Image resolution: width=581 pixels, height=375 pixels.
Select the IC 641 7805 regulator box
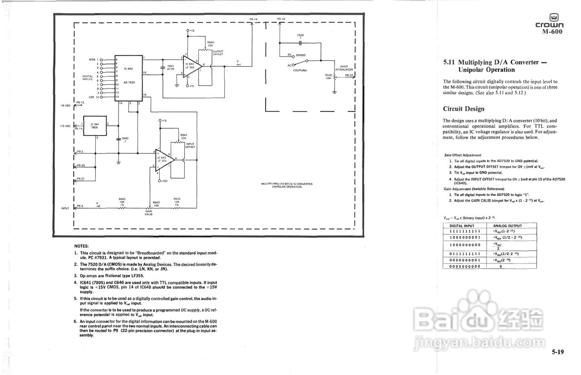click(x=94, y=125)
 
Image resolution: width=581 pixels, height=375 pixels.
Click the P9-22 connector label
click(x=349, y=76)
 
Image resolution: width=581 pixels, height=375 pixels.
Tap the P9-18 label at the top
click(x=253, y=19)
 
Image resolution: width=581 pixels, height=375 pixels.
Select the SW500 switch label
click(x=300, y=55)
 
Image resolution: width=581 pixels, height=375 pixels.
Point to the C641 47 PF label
click(x=171, y=67)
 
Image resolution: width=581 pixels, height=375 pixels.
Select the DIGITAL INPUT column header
click(x=462, y=226)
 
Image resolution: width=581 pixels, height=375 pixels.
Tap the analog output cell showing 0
click(x=500, y=267)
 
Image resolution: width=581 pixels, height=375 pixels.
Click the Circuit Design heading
click(x=463, y=109)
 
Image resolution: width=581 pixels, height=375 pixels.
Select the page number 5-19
click(x=558, y=352)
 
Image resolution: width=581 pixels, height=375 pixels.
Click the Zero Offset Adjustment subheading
click(x=463, y=155)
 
